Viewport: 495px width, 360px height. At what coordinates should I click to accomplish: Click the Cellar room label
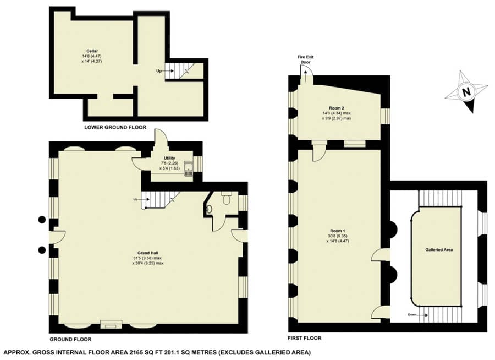[x=92, y=51]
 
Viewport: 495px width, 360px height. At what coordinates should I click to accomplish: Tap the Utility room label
[x=169, y=158]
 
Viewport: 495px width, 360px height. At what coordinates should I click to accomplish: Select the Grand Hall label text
[x=148, y=253]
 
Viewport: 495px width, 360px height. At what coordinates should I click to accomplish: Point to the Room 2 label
[x=337, y=108]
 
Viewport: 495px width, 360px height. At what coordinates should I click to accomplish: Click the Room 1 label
[x=337, y=231]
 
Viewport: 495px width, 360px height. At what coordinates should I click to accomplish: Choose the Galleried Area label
[x=439, y=250]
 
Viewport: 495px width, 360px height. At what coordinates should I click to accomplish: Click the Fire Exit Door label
[x=305, y=60]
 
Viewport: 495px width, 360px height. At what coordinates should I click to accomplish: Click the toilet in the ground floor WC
[x=226, y=198]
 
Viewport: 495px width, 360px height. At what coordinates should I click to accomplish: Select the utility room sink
[x=189, y=169]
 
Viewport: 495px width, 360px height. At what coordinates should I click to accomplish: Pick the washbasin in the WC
[x=210, y=209]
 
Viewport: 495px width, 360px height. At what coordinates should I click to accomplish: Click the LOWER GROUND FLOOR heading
[x=116, y=127]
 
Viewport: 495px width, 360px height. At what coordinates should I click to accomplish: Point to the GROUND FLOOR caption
[x=70, y=340]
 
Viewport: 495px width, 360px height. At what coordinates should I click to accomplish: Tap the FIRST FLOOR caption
[x=305, y=338]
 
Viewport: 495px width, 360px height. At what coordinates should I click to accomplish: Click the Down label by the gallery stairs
[x=413, y=315]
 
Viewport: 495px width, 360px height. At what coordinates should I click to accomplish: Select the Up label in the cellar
[x=159, y=71]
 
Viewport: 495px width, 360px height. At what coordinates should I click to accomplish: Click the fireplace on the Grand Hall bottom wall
[x=111, y=325]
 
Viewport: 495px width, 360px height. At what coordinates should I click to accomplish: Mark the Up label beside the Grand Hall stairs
[x=135, y=199]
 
